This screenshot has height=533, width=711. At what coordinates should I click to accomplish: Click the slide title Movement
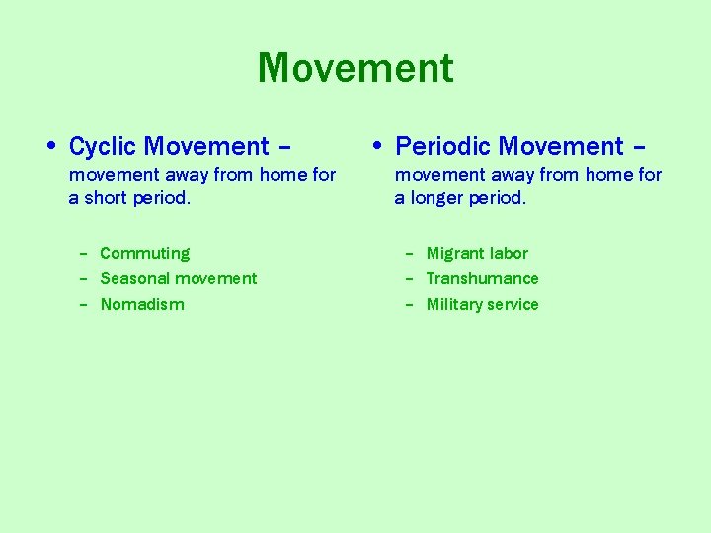(x=355, y=69)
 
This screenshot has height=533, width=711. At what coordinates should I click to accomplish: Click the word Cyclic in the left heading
(x=103, y=147)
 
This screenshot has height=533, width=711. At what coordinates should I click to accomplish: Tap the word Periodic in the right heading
(x=443, y=147)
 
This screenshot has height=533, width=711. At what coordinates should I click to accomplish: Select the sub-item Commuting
(x=144, y=254)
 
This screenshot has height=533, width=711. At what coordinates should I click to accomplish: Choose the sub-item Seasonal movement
(x=178, y=279)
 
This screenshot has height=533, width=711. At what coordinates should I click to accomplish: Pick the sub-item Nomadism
(x=142, y=305)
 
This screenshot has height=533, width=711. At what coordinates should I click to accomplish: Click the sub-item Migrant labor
(x=477, y=254)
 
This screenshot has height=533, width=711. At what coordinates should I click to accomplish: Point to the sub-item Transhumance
(x=482, y=279)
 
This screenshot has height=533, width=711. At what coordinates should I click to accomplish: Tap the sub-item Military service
(x=482, y=305)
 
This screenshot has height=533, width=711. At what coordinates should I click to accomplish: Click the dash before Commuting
(x=84, y=254)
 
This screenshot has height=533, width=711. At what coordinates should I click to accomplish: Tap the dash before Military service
(x=410, y=305)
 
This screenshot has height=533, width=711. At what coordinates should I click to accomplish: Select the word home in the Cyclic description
(x=284, y=175)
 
